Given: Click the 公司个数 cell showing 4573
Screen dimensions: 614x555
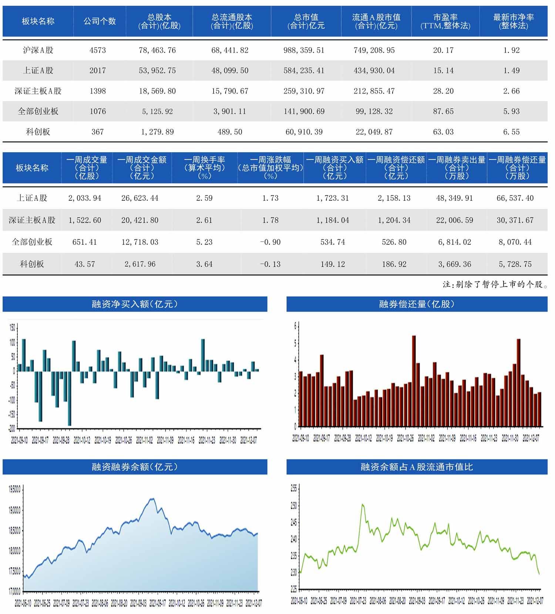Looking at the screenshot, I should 98,50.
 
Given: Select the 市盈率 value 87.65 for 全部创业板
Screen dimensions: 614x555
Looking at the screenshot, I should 443,111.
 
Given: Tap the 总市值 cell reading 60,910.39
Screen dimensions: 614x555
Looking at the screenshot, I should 304,132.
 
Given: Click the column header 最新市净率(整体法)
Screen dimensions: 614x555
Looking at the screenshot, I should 513,21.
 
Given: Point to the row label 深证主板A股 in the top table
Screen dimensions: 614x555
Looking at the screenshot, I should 38,91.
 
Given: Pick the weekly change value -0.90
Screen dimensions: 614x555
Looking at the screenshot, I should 270,242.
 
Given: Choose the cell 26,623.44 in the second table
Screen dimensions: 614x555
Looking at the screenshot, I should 140,198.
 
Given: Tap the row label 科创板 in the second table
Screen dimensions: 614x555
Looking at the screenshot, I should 32,264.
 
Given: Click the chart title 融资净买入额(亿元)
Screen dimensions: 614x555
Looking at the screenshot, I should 135,304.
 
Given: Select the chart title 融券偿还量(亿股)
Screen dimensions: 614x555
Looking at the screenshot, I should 417,304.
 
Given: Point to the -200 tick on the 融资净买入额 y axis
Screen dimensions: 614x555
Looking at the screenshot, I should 12,428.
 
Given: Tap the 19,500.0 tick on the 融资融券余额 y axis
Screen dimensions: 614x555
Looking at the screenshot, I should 14,489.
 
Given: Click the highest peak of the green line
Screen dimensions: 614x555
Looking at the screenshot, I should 363,505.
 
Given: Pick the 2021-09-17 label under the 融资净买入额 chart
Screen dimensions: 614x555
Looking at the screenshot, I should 40,440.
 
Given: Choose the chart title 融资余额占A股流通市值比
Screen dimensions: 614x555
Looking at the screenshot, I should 417,467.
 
